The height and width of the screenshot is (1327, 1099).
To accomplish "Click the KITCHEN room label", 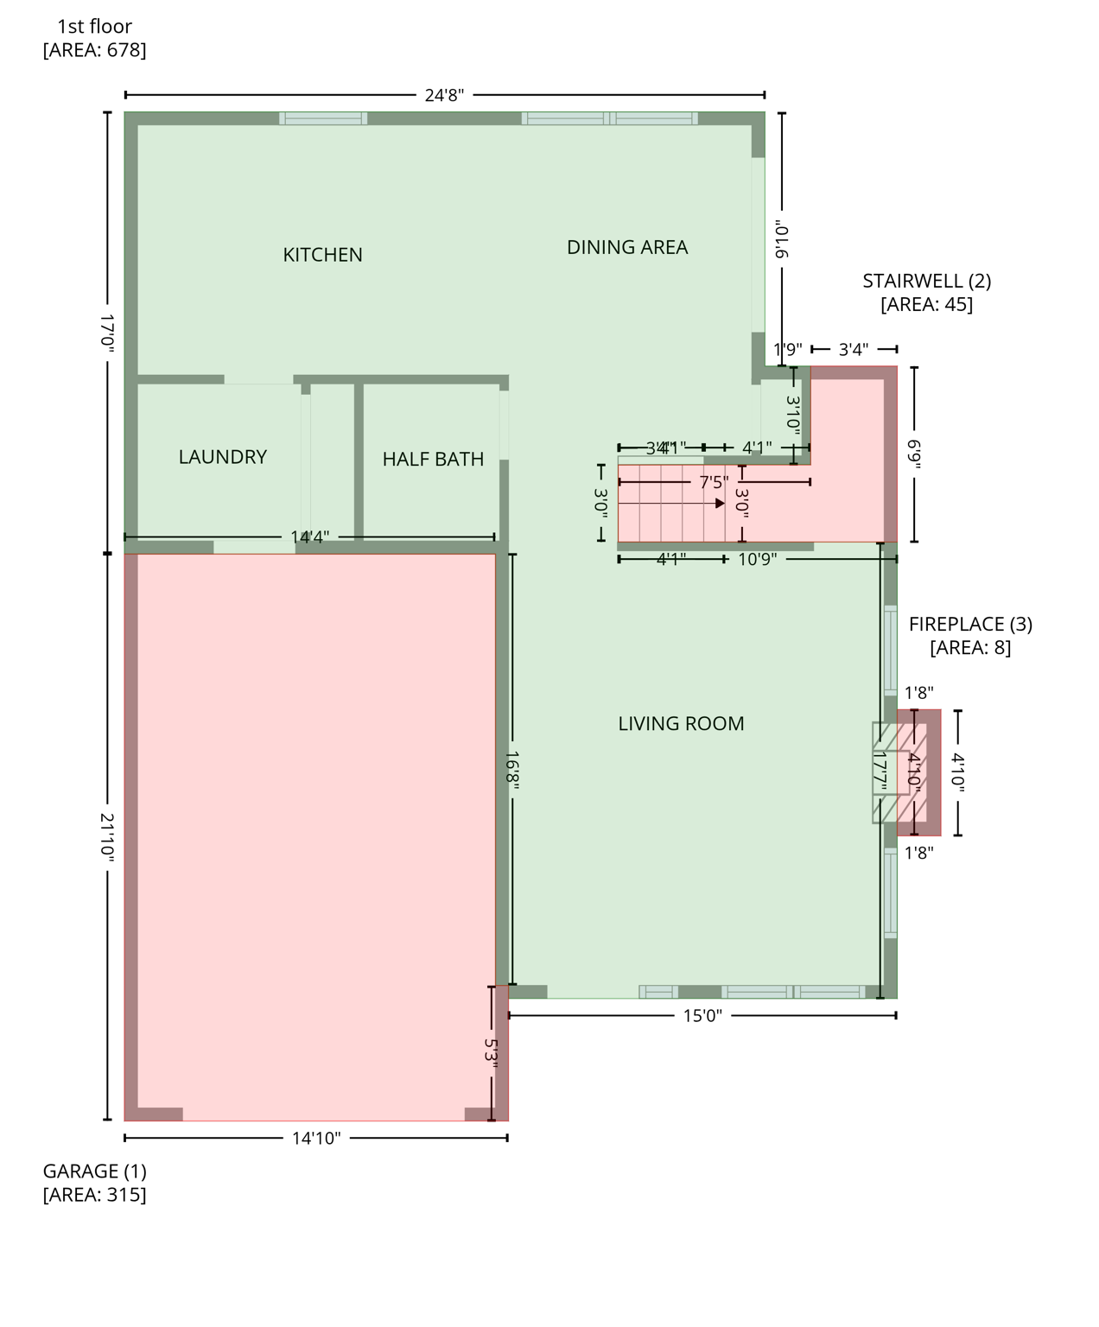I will (x=322, y=255).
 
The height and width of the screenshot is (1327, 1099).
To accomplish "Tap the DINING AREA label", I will (x=626, y=248).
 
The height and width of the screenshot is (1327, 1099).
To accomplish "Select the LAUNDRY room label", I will (x=222, y=457).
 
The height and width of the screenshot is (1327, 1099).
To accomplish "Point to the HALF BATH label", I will (x=433, y=460).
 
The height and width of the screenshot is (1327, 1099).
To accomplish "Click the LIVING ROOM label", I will (x=681, y=724).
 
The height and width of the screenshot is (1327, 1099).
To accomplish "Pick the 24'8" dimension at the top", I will (x=444, y=95).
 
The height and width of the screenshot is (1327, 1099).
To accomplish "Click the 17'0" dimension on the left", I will (x=107, y=331).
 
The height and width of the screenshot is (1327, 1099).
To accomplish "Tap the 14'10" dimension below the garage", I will (x=316, y=1139).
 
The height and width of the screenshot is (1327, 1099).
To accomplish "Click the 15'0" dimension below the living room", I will (x=702, y=1016).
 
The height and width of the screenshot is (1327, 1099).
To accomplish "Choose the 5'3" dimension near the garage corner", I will (x=491, y=1053).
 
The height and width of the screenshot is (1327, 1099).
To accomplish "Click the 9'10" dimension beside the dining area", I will (x=782, y=239).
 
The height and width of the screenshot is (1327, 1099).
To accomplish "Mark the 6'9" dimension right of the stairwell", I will (x=914, y=454).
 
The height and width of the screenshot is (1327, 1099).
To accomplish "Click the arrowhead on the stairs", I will (x=720, y=503).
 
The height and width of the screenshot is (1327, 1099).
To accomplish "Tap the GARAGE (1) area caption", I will (x=94, y=1171).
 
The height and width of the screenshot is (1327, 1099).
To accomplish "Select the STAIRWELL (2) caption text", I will (x=926, y=281).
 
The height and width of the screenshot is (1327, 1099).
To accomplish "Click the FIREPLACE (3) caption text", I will (x=969, y=624).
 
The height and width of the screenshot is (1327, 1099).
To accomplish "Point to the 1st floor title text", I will (x=94, y=27).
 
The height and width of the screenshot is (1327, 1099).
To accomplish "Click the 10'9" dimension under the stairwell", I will (x=757, y=560).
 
